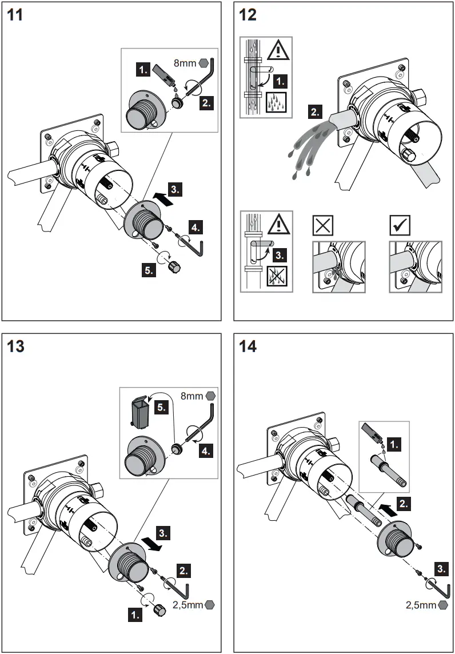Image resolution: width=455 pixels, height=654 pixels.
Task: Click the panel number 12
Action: [249, 15]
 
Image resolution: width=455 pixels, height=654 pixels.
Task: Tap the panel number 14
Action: [249, 346]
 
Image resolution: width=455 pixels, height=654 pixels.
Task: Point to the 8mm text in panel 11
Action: [185, 64]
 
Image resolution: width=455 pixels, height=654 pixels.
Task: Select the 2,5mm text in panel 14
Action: [420, 604]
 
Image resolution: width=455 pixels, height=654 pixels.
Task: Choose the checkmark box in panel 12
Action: [398, 226]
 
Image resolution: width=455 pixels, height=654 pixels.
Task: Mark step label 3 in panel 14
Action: [441, 569]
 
